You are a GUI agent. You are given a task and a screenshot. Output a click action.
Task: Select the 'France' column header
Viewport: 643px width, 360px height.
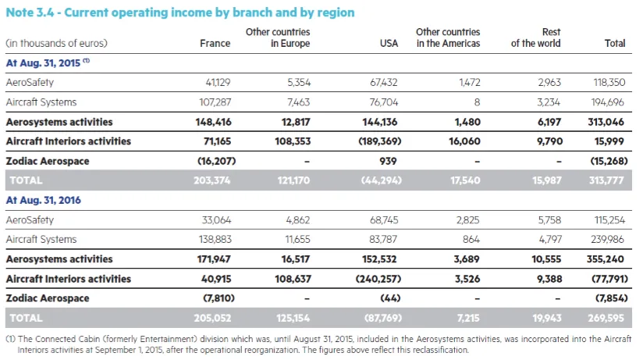click(x=215, y=44)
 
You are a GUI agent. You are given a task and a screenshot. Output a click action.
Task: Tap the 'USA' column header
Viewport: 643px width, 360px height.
click(x=389, y=44)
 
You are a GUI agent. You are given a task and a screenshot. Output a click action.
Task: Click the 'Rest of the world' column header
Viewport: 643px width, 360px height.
click(x=535, y=37)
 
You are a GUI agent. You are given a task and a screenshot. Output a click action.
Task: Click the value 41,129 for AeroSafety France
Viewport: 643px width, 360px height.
click(x=215, y=82)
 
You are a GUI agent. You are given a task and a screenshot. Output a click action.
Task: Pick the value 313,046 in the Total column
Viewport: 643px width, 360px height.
click(x=606, y=122)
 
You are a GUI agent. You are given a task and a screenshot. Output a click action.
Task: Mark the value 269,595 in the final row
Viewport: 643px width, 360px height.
click(x=606, y=318)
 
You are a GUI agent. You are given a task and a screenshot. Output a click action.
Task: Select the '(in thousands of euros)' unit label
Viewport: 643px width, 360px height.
click(x=56, y=44)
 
